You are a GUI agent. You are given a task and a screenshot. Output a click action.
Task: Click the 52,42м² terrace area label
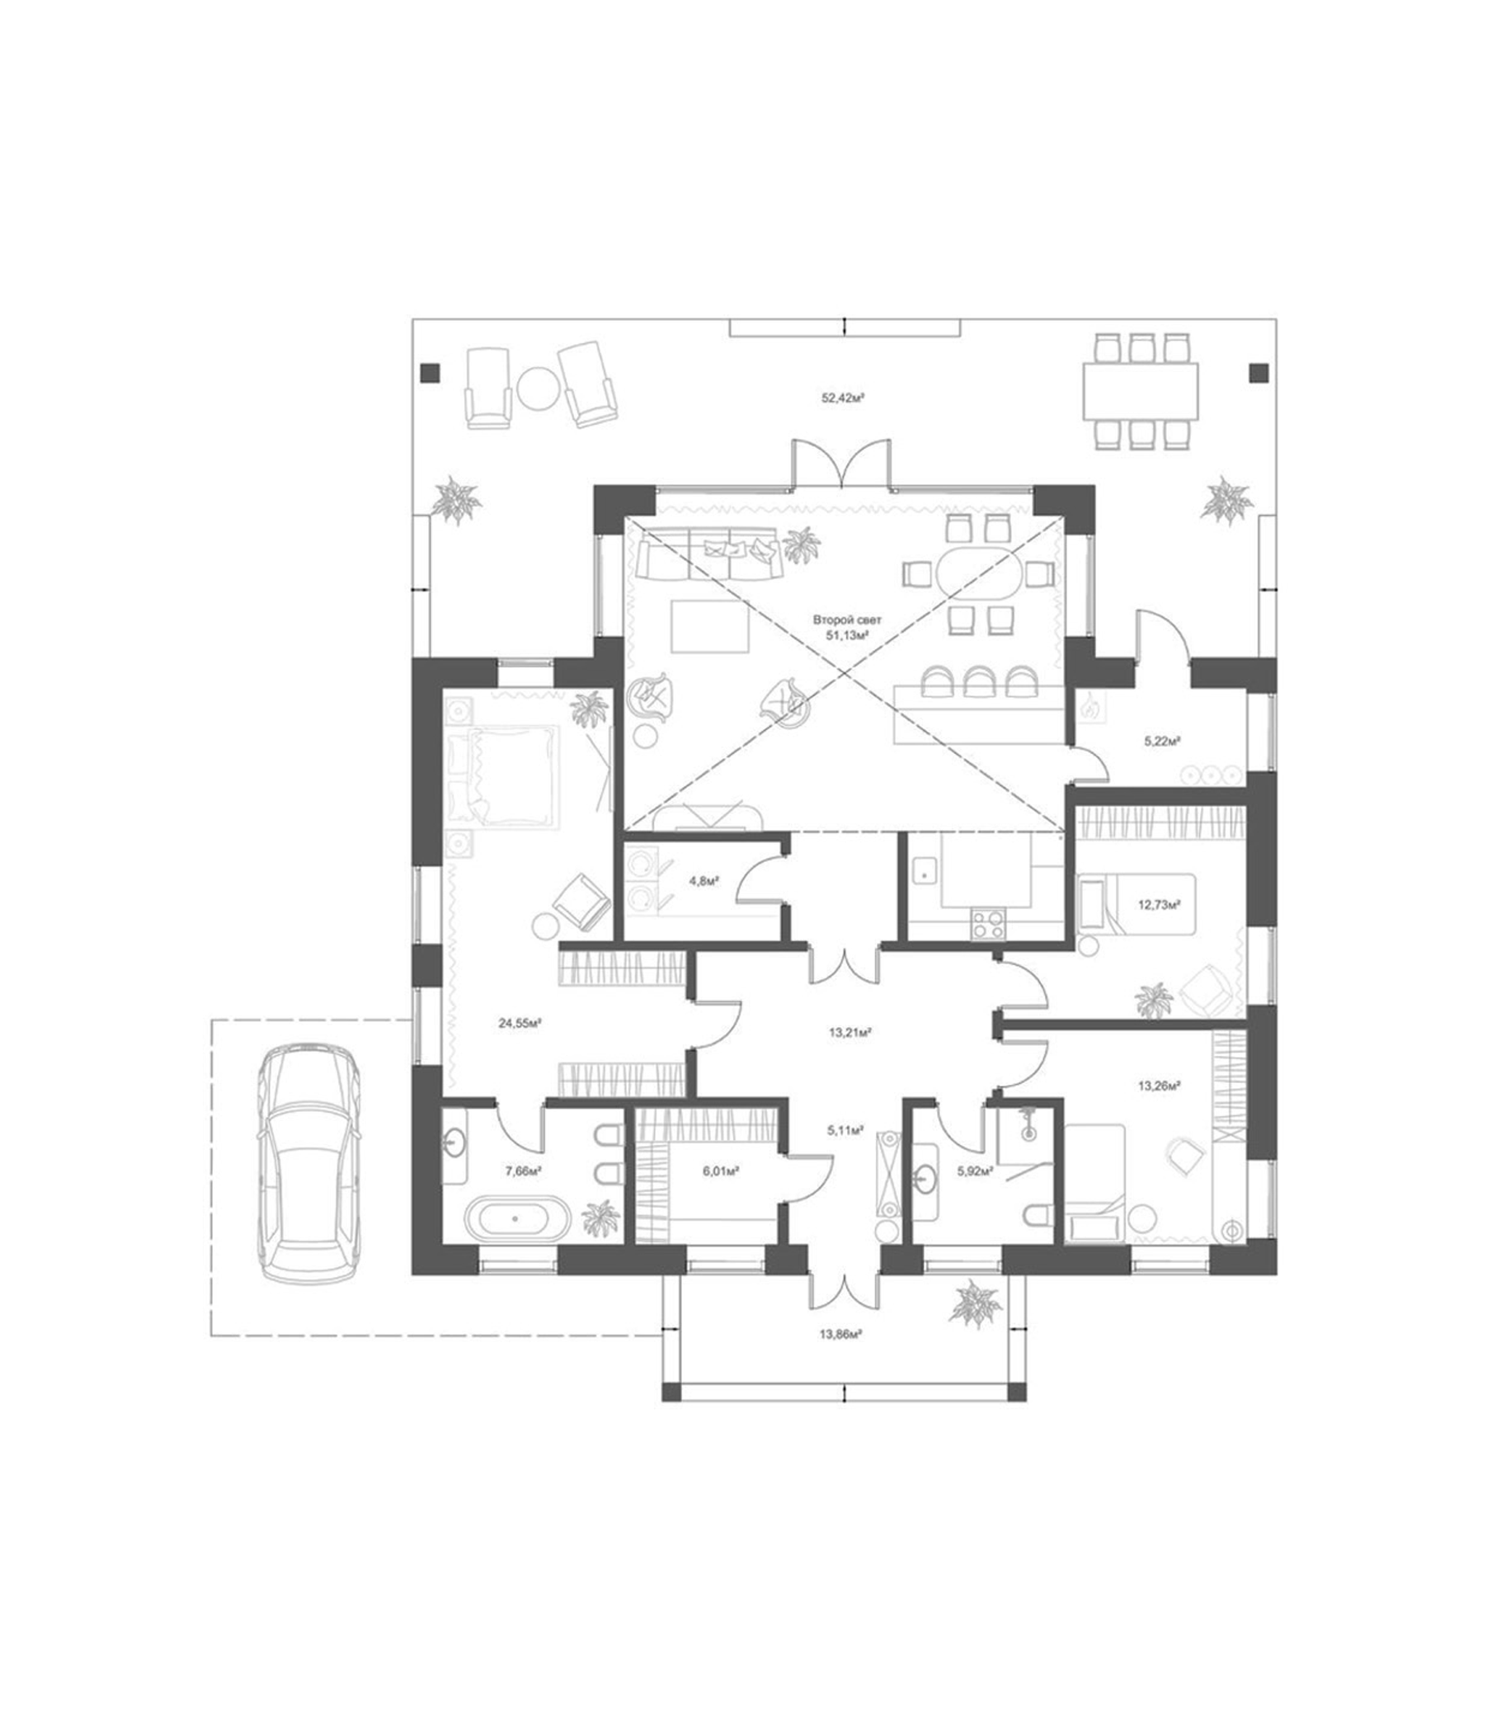[x=841, y=398]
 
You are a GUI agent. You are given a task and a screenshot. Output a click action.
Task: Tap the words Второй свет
[x=846, y=620]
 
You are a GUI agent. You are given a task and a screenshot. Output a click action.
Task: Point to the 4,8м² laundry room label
[x=704, y=879]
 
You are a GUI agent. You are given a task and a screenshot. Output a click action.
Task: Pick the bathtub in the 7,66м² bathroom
[x=515, y=1219]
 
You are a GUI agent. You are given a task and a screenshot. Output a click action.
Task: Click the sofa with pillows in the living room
[x=709, y=554]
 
